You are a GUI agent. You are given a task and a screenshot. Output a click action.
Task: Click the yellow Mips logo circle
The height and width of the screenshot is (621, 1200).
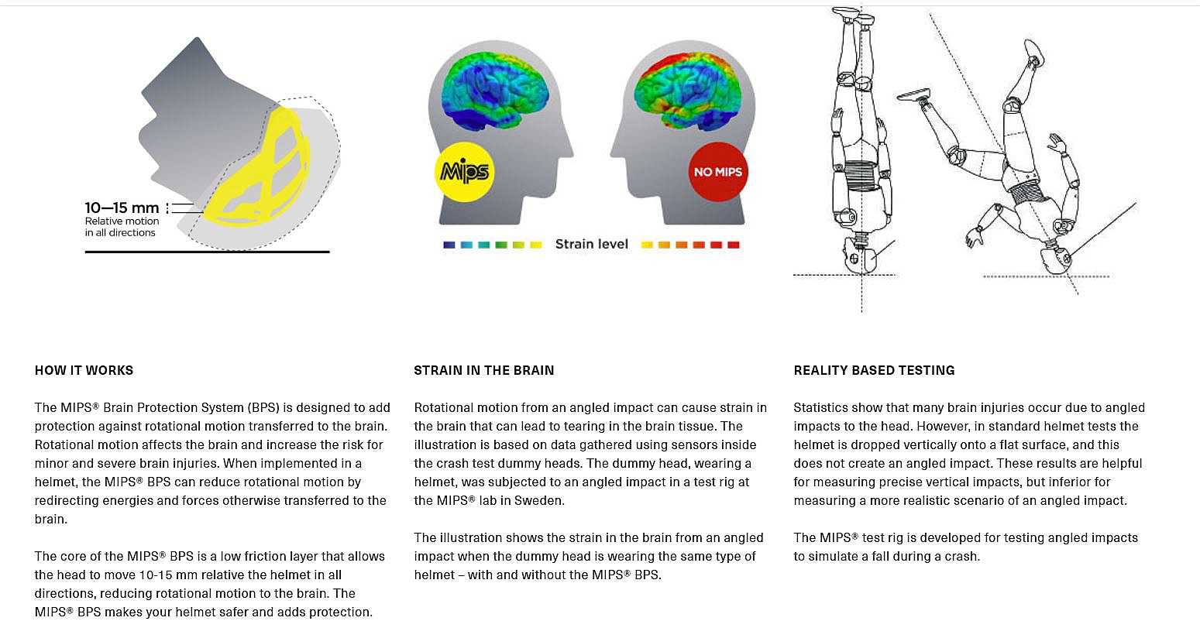(464, 171)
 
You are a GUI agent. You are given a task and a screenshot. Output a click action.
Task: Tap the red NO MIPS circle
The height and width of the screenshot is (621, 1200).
(717, 171)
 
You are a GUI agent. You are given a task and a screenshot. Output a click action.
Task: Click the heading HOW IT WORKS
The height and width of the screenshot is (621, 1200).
(84, 370)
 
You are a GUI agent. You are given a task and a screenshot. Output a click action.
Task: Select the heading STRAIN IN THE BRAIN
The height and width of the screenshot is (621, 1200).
(483, 370)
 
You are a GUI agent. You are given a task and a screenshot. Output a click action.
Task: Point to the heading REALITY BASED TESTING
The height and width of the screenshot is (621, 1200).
(874, 370)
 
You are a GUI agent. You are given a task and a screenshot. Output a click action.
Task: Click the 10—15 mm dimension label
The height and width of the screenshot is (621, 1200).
(122, 208)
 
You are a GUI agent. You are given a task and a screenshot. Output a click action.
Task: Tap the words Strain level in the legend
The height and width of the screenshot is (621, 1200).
(591, 244)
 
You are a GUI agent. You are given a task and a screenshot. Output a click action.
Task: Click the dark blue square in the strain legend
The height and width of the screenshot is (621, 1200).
(449, 245)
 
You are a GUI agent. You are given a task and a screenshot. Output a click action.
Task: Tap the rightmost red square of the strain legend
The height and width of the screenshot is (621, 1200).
(733, 245)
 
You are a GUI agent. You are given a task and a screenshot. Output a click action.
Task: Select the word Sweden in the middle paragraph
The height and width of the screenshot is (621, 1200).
(540, 500)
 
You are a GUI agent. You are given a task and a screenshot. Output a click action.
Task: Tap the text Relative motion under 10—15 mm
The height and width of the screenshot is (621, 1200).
(122, 221)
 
